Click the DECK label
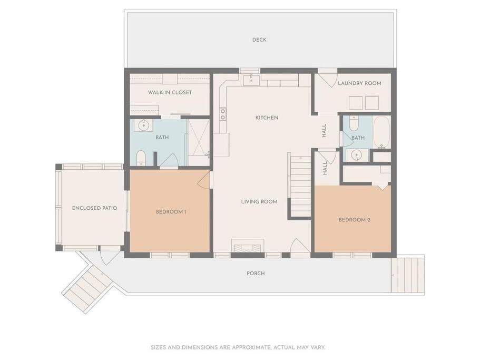click(259, 40)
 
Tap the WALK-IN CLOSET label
click(170, 92)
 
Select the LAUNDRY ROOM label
click(359, 83)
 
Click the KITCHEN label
click(267, 118)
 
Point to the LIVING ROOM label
click(259, 201)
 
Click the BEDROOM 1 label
click(171, 212)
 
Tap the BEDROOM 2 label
click(354, 220)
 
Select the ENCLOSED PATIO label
click(94, 208)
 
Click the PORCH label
click(256, 274)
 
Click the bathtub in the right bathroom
click(381, 132)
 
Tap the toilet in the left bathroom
click(141, 158)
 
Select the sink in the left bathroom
click(143, 125)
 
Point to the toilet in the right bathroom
click(354, 123)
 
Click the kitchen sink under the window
click(251, 80)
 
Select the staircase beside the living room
click(300, 186)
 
